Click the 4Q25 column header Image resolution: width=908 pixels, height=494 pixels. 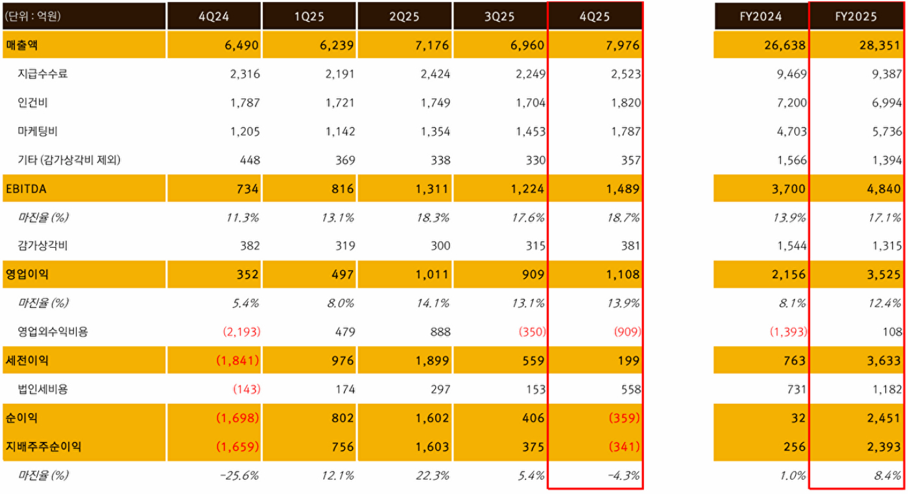(x=595, y=17)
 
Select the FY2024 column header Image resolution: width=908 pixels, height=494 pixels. (x=759, y=17)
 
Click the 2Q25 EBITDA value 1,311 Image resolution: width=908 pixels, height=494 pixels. (x=432, y=189)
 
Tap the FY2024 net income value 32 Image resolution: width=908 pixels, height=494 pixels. (x=798, y=418)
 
